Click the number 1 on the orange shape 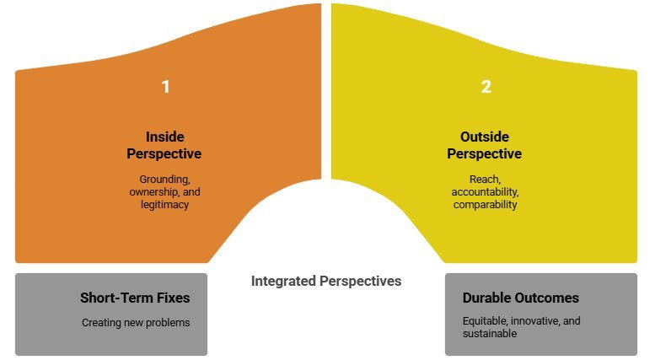[x=165, y=87]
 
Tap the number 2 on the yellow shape [x=485, y=87]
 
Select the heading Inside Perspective [x=164, y=145]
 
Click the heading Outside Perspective [x=484, y=145]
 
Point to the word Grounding [x=164, y=179]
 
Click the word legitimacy [x=164, y=204]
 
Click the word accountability [x=484, y=191]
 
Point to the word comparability [x=484, y=204]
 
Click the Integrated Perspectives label [x=326, y=281]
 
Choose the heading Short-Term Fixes [x=135, y=298]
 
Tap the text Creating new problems [x=134, y=322]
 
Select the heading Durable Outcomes [x=521, y=298]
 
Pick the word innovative [x=534, y=321]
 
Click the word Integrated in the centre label [x=284, y=281]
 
